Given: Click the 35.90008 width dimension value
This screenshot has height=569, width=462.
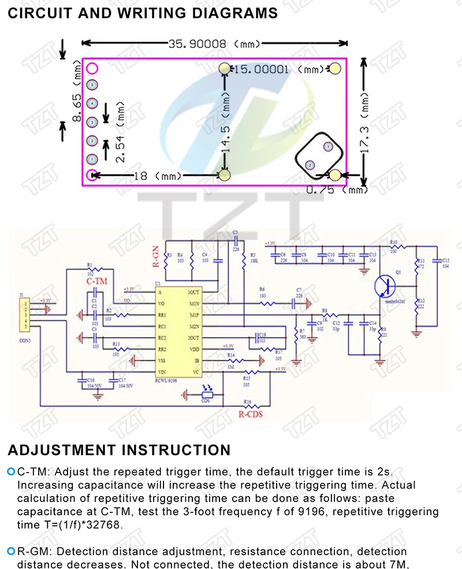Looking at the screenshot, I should click(197, 43).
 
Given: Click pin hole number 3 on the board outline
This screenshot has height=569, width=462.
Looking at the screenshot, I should click(91, 122).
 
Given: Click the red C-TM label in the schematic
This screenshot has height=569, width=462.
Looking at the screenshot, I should click(96, 281).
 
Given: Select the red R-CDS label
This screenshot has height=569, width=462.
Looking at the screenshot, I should click(250, 414).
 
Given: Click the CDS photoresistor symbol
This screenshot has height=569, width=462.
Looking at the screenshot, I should click(207, 395).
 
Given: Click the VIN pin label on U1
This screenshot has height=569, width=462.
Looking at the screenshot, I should click(162, 371).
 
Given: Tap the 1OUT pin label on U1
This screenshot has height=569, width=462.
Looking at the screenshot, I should click(193, 293).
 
